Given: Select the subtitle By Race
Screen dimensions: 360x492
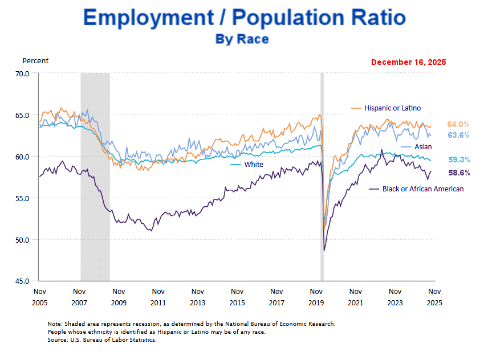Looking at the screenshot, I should coord(242,39).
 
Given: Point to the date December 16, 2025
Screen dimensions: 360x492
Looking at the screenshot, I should coord(408,62).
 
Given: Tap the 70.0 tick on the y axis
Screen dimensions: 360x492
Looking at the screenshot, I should coord(23,73).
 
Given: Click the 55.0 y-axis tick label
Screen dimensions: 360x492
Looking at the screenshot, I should coord(23,198).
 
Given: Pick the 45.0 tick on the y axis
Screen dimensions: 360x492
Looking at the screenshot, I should coord(23,281).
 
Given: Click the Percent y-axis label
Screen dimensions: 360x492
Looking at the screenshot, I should coord(35,61).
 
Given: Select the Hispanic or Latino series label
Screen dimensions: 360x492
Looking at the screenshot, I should coord(392,108).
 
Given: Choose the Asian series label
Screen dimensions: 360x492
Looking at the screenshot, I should coord(423,147).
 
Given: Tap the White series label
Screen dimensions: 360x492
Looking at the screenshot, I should coord(254,165).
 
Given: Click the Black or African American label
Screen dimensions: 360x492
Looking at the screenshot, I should coord(423,189).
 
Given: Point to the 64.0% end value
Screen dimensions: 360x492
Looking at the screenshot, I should coord(458,124).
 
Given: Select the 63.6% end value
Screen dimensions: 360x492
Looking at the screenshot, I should coord(458,136).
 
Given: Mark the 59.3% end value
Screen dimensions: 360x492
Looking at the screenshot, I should coord(459,160).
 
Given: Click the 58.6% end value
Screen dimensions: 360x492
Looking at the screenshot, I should coord(459,173).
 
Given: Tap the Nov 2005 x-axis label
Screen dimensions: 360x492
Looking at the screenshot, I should coord(39,296).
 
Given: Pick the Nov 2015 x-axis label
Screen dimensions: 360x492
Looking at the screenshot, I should coord(237,296).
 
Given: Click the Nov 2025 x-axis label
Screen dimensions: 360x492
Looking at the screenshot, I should coord(435,296).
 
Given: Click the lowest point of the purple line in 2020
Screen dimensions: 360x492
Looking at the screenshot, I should coord(324,250).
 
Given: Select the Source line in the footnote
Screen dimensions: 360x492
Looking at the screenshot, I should coord(101,339).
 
